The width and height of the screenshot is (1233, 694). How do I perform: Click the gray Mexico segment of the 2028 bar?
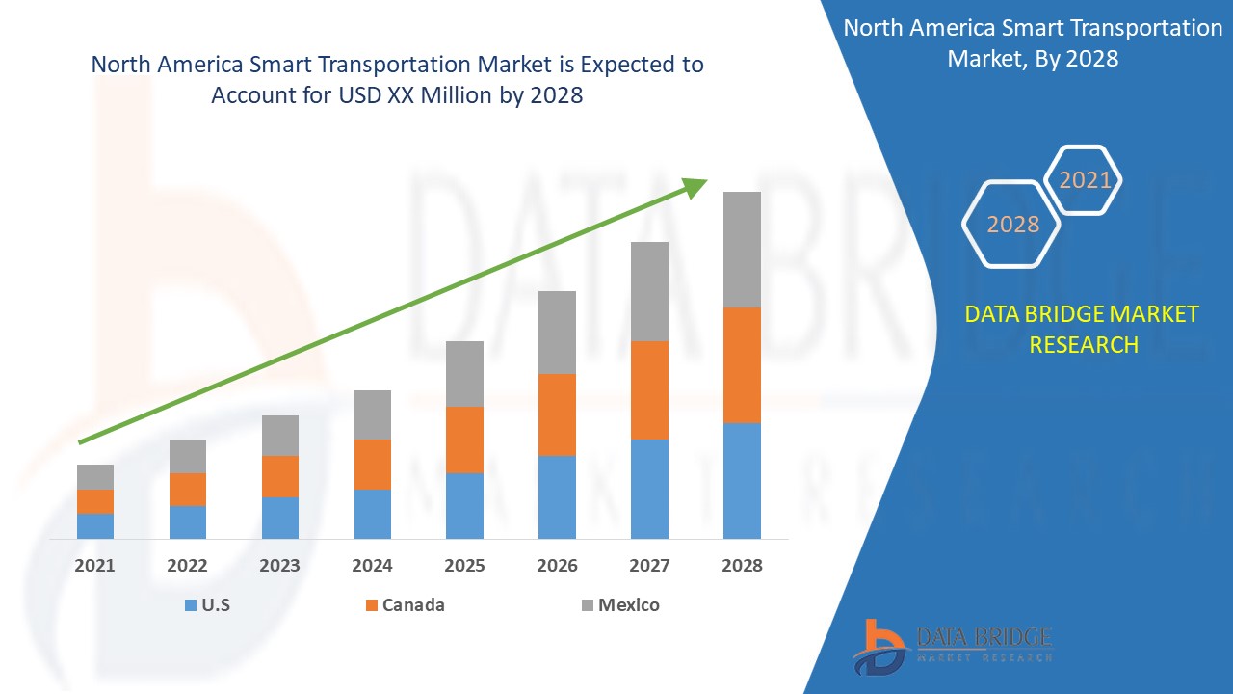742,249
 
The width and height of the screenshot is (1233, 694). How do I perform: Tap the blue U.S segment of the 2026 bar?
557,496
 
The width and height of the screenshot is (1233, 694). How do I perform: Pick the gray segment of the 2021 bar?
95,476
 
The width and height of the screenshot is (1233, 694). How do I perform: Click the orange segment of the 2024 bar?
373,464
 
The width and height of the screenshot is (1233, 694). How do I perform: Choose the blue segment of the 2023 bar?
280,518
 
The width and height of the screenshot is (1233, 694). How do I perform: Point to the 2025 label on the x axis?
464,566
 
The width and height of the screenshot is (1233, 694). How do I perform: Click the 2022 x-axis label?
188,566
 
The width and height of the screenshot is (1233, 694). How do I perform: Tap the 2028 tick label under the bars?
742,566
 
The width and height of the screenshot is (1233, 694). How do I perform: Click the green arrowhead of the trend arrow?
695,186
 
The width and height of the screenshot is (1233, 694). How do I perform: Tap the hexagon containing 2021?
1085,180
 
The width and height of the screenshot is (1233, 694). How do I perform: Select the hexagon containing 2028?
1012,224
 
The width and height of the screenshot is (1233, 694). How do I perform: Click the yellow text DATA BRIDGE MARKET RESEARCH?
1083,329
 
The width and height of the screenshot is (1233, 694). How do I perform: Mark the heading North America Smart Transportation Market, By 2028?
1033,42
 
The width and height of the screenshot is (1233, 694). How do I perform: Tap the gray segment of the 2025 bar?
464,373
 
